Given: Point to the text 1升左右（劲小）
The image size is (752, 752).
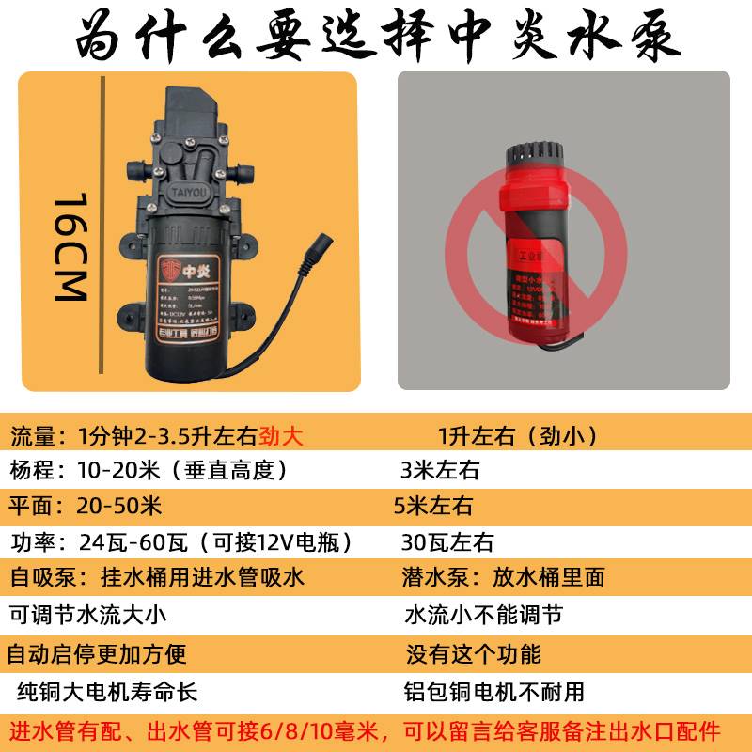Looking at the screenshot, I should pyautogui.click(x=517, y=436).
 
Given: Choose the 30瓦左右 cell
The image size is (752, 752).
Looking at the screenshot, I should pyautogui.click(x=447, y=542).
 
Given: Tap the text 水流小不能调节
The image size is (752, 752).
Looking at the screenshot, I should pyautogui.click(x=483, y=616).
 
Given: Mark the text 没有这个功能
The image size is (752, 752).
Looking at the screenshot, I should pyautogui.click(x=473, y=653).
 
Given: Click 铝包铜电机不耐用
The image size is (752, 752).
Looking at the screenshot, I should pyautogui.click(x=493, y=692).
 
